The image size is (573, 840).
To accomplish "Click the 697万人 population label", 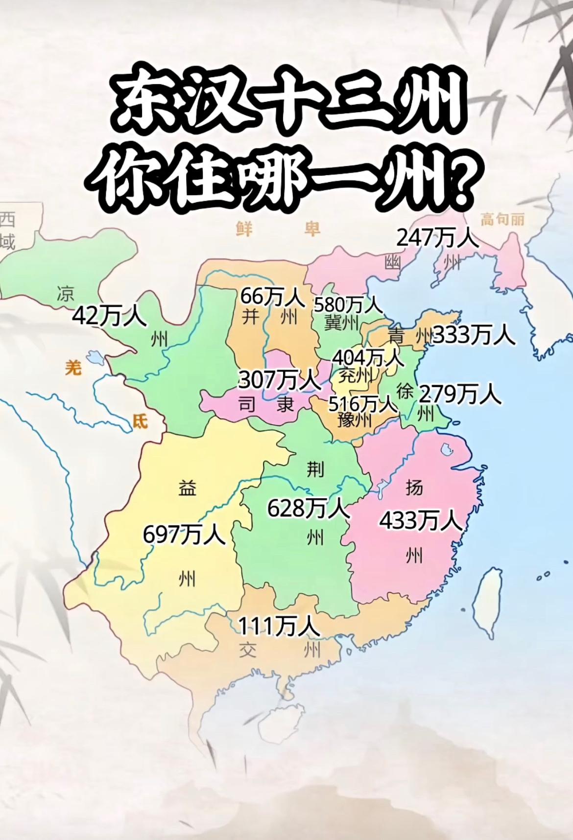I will [184, 534].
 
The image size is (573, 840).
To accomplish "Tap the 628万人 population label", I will [308, 508].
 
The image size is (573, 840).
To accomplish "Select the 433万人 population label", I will [421, 520].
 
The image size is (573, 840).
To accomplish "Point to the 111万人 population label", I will [279, 626].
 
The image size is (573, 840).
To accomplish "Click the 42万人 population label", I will [109, 316].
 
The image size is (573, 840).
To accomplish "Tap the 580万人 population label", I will [348, 305].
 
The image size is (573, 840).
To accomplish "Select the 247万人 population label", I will [437, 238].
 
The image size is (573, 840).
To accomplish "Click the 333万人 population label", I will [474, 336].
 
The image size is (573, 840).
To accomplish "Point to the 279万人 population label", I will [460, 394].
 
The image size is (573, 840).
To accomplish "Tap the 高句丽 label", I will [502, 219].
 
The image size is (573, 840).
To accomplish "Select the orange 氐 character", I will [141, 421].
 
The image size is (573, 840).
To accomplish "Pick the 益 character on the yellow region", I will [187, 489].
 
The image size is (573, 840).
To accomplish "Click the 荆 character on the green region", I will [315, 469].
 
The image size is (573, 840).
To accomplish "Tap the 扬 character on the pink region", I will [414, 487].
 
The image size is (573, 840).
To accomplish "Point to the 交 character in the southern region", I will [248, 650].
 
